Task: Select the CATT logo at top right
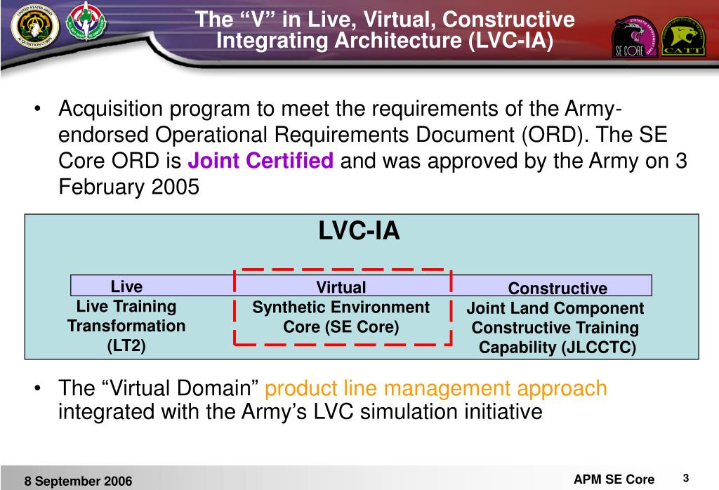tap(684, 37)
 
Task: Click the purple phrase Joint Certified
tap(260, 162)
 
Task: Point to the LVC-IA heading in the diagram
tap(359, 231)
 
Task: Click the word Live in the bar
tap(126, 286)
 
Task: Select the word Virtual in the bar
tap(341, 287)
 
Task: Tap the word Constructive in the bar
tap(558, 289)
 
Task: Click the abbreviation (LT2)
tap(126, 345)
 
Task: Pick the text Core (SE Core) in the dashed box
tap(341, 327)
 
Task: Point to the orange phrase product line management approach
tap(436, 388)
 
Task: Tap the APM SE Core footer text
tap(614, 479)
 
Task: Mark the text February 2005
tap(128, 188)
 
